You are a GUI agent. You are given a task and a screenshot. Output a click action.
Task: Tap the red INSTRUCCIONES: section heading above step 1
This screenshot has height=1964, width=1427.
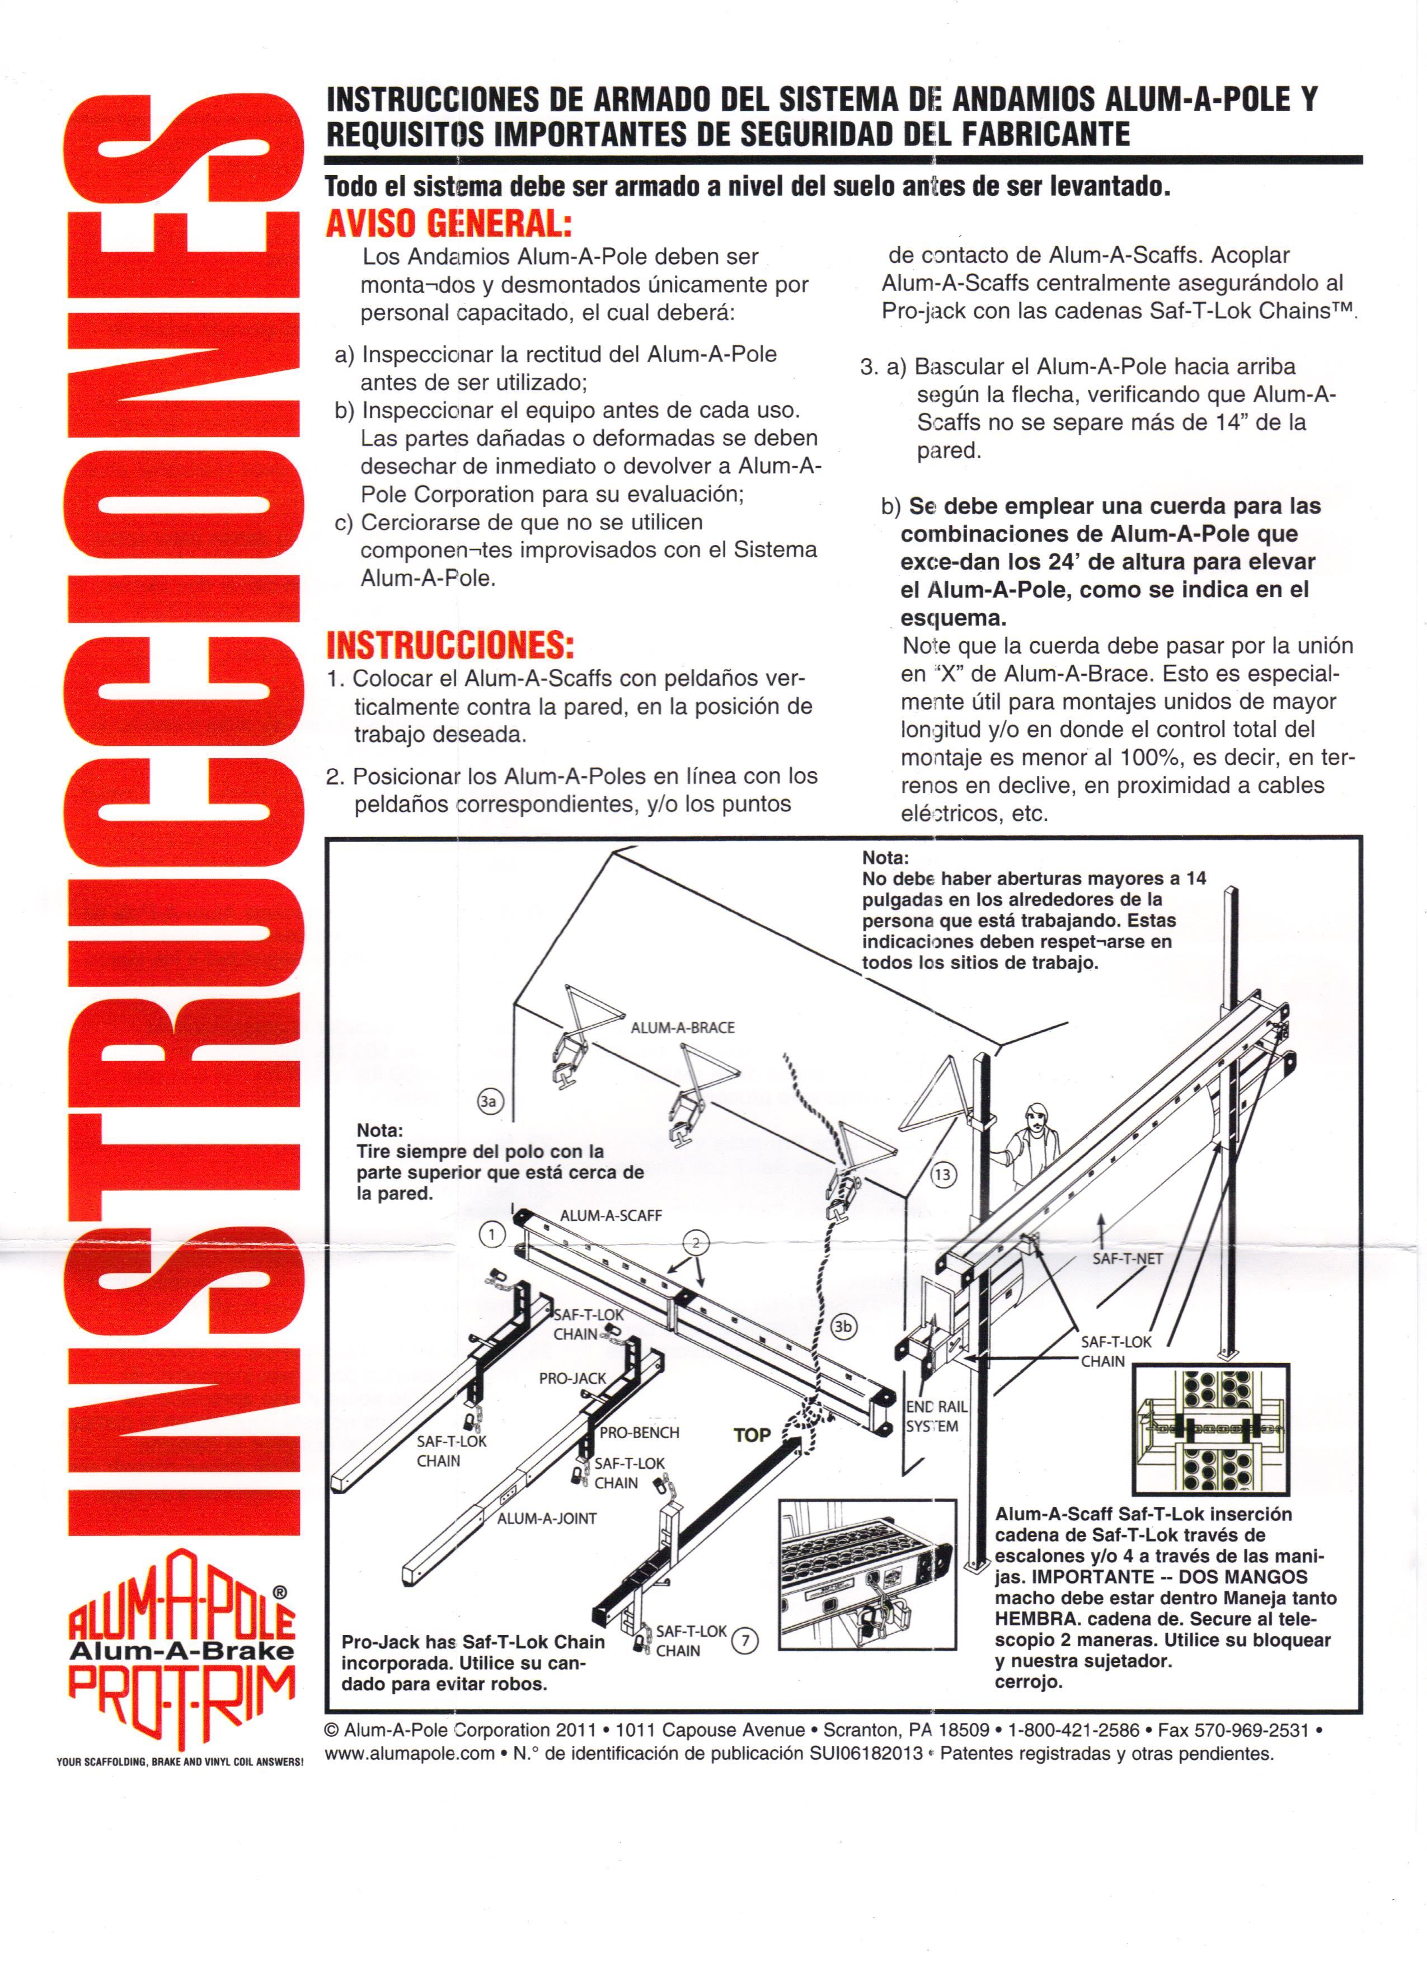pos(450,645)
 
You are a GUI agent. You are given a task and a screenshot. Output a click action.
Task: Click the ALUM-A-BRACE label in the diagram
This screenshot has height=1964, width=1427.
pos(682,1028)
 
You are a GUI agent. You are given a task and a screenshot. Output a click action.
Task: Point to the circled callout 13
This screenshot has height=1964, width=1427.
pos(942,1175)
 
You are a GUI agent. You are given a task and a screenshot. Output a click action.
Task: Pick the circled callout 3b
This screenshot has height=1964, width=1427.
pos(843,1326)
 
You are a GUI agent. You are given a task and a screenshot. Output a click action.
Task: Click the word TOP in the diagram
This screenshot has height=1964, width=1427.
pos(752,1435)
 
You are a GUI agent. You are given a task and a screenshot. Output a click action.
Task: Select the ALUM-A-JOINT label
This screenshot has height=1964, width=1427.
pos(546,1518)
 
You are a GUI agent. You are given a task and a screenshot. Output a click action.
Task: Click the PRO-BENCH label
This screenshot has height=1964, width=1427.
pos(639,1432)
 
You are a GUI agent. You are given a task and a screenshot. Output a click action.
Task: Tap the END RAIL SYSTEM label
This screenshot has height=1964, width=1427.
pos(936,1417)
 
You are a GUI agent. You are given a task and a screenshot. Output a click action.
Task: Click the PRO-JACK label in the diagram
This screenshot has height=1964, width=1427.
pos(572,1378)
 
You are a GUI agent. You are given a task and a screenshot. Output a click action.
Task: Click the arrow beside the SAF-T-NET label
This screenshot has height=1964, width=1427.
pos(1101,1227)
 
